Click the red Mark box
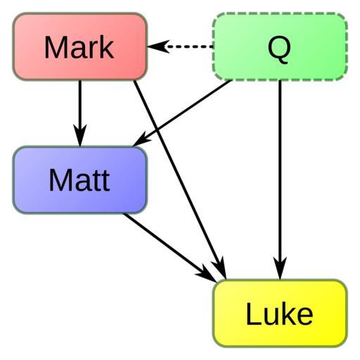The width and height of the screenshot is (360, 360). click(80, 46)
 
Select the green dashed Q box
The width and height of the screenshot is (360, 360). click(280, 46)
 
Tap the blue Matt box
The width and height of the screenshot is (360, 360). click(80, 180)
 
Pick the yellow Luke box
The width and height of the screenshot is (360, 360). click(280, 313)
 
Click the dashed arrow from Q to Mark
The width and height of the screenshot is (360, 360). click(180, 46)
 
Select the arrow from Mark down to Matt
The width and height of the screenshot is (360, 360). click(80, 113)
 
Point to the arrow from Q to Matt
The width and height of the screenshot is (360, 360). click(182, 113)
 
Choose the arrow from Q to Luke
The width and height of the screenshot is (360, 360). click(280, 180)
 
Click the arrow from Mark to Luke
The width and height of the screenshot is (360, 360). click(180, 180)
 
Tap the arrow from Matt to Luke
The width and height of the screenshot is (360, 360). click(170, 248)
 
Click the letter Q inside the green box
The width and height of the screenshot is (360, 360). click(279, 50)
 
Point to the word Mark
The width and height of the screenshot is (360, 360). click(79, 47)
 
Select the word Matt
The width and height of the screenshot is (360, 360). click(79, 180)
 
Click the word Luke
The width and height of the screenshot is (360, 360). click(279, 314)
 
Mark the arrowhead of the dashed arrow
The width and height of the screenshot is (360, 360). click(157, 46)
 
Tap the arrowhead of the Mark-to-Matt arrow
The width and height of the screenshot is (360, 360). click(80, 135)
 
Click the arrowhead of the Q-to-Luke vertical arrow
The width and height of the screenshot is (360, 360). click(280, 269)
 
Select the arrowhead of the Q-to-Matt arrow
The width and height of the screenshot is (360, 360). click(141, 141)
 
